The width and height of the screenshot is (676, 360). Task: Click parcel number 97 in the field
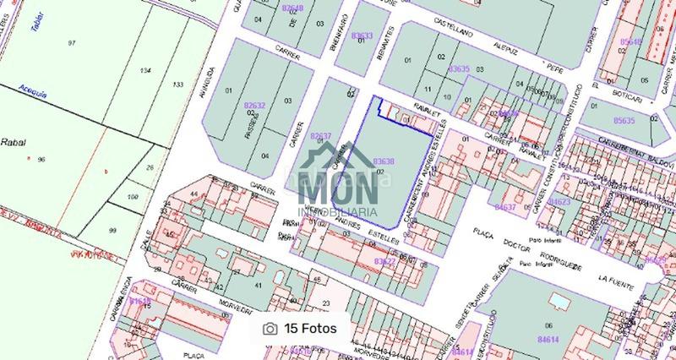pos(72,43)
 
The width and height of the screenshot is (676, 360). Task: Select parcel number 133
pos(177,85)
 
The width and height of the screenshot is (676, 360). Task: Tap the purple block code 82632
pos(253,106)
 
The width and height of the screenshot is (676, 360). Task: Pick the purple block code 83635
pos(459,68)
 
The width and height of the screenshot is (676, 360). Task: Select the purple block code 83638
pos(383,161)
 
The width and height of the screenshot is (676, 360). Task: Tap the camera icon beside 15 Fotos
pos(270,329)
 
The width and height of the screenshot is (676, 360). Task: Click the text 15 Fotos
pos(310,329)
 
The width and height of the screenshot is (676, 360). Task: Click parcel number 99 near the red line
pos(112,230)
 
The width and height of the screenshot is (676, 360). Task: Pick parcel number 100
pos(133,197)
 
